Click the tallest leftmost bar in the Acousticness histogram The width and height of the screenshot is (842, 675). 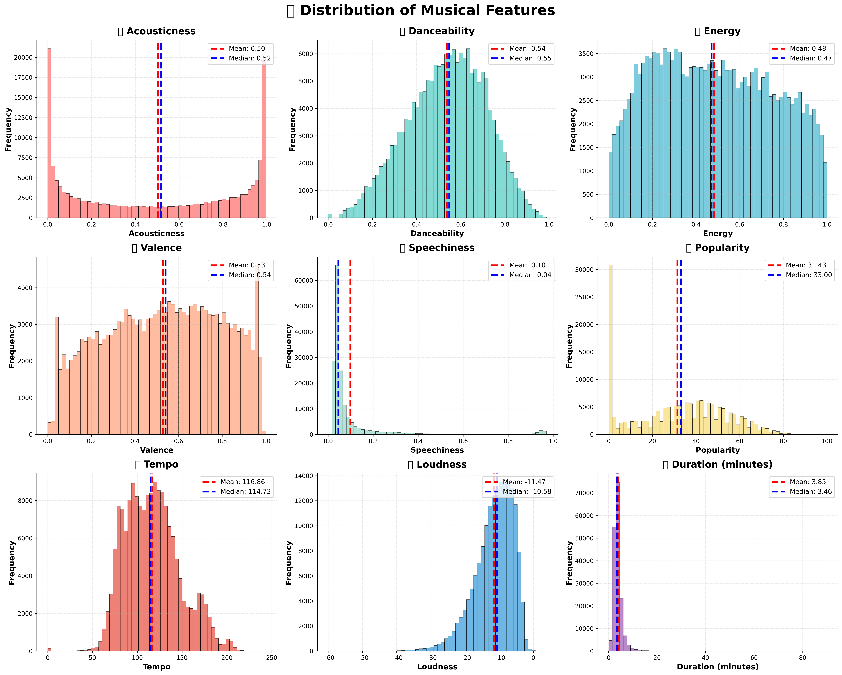[x=49, y=133]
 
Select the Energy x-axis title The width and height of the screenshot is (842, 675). [x=717, y=233]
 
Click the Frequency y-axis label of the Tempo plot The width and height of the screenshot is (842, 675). [x=12, y=562]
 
